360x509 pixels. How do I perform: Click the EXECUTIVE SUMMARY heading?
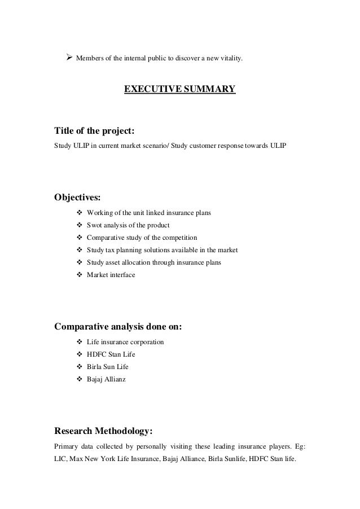coord(179,89)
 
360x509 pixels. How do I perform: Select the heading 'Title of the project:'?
coord(94,131)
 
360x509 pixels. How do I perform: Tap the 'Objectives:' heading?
coord(78,198)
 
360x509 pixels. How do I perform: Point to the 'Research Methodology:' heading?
coord(103,432)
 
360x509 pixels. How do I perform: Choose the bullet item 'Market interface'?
coord(111,275)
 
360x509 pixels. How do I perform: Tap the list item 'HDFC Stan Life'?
coord(111,354)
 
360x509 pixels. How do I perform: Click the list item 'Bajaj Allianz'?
coord(106,379)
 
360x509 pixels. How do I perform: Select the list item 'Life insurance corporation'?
coord(125,342)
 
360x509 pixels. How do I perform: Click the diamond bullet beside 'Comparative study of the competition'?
coord(78,238)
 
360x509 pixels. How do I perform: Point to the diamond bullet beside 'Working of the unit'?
coord(78,213)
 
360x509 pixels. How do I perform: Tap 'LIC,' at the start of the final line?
coord(60,460)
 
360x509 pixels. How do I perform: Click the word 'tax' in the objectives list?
coord(109,250)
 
